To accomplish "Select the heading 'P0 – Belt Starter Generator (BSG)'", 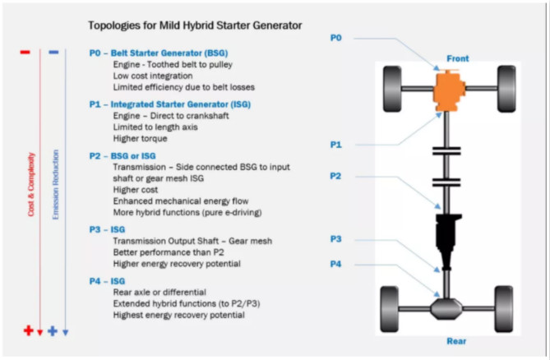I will click(158, 53).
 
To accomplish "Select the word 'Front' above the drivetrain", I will click(458, 59).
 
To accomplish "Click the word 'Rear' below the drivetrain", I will click(458, 341).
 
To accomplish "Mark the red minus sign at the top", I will click(25, 52).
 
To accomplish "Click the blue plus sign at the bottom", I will click(53, 330).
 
